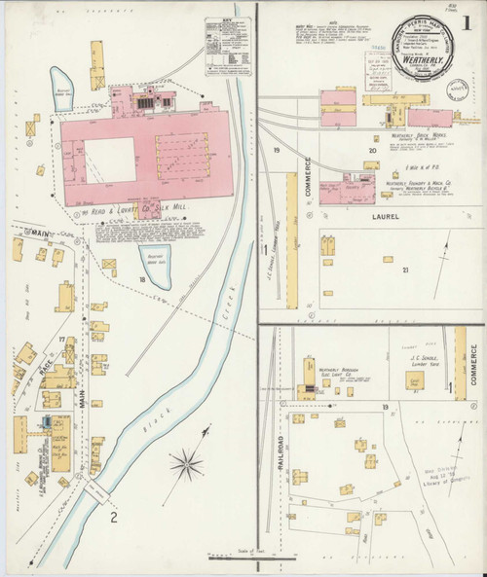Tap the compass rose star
187,458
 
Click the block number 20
371,151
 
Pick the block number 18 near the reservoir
142,280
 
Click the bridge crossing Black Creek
99,491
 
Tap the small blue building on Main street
46,423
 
